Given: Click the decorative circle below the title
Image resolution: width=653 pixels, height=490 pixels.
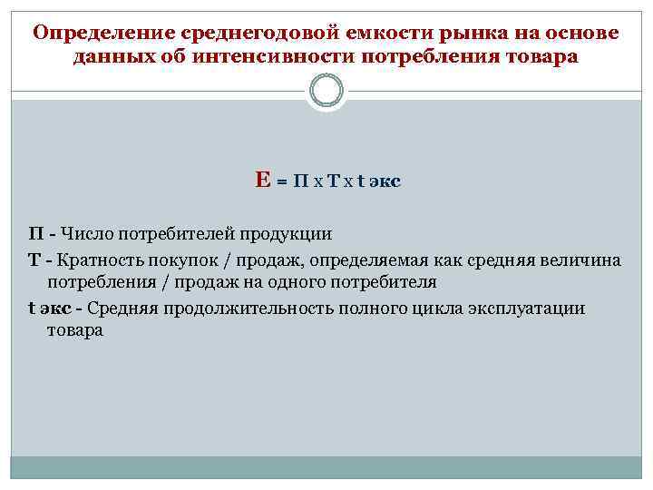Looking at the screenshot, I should click(x=326, y=91).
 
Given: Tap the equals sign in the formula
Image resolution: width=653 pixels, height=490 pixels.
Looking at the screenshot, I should click(x=281, y=181).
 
